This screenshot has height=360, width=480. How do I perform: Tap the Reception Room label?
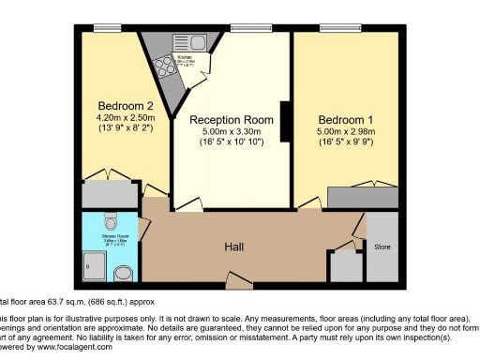point(232,120)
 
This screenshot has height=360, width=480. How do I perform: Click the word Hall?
point(234,246)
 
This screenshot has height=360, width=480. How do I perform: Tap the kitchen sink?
point(197,42)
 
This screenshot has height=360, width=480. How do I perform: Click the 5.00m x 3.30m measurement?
point(232,132)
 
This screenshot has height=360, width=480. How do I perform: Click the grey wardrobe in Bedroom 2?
point(110,194)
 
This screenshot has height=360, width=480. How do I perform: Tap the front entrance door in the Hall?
point(238,277)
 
